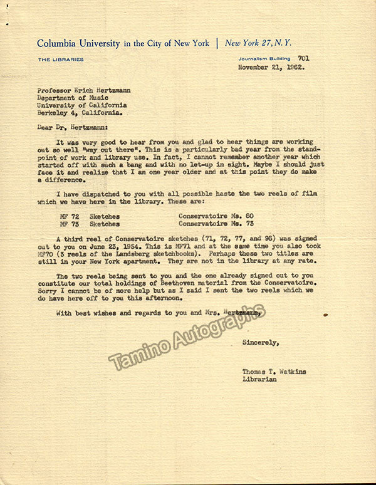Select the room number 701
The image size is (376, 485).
tap(303, 58)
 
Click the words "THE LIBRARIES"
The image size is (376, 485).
tap(60, 60)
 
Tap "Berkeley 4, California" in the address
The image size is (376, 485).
tap(78, 114)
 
